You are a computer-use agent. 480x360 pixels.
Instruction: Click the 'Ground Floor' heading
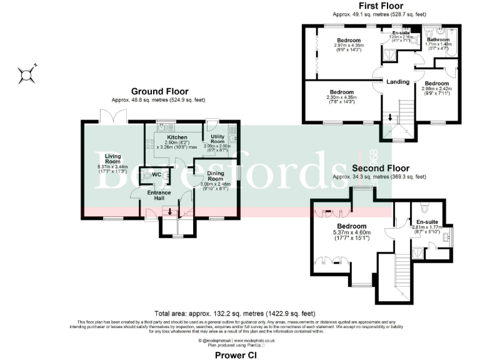(x=159, y=91)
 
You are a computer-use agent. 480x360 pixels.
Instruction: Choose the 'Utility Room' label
(x=217, y=139)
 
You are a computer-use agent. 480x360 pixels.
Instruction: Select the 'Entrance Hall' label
(x=159, y=196)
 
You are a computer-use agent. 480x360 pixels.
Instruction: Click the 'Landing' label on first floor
(x=398, y=81)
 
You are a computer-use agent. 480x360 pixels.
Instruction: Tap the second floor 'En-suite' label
(x=427, y=222)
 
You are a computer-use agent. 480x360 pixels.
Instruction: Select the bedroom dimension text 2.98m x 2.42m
(x=436, y=89)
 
